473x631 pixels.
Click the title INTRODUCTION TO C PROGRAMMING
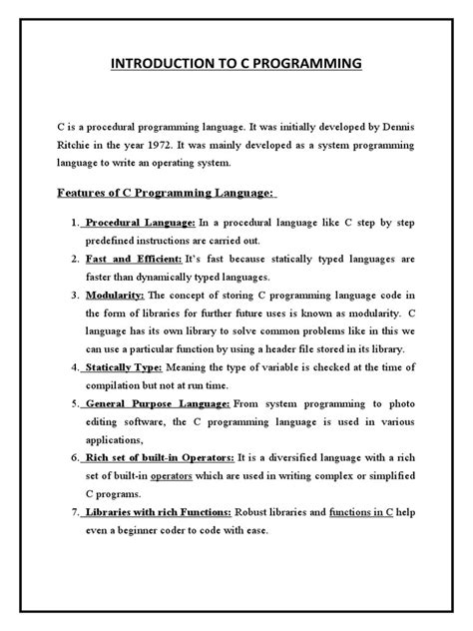click(236, 67)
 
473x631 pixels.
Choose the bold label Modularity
click(117, 296)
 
